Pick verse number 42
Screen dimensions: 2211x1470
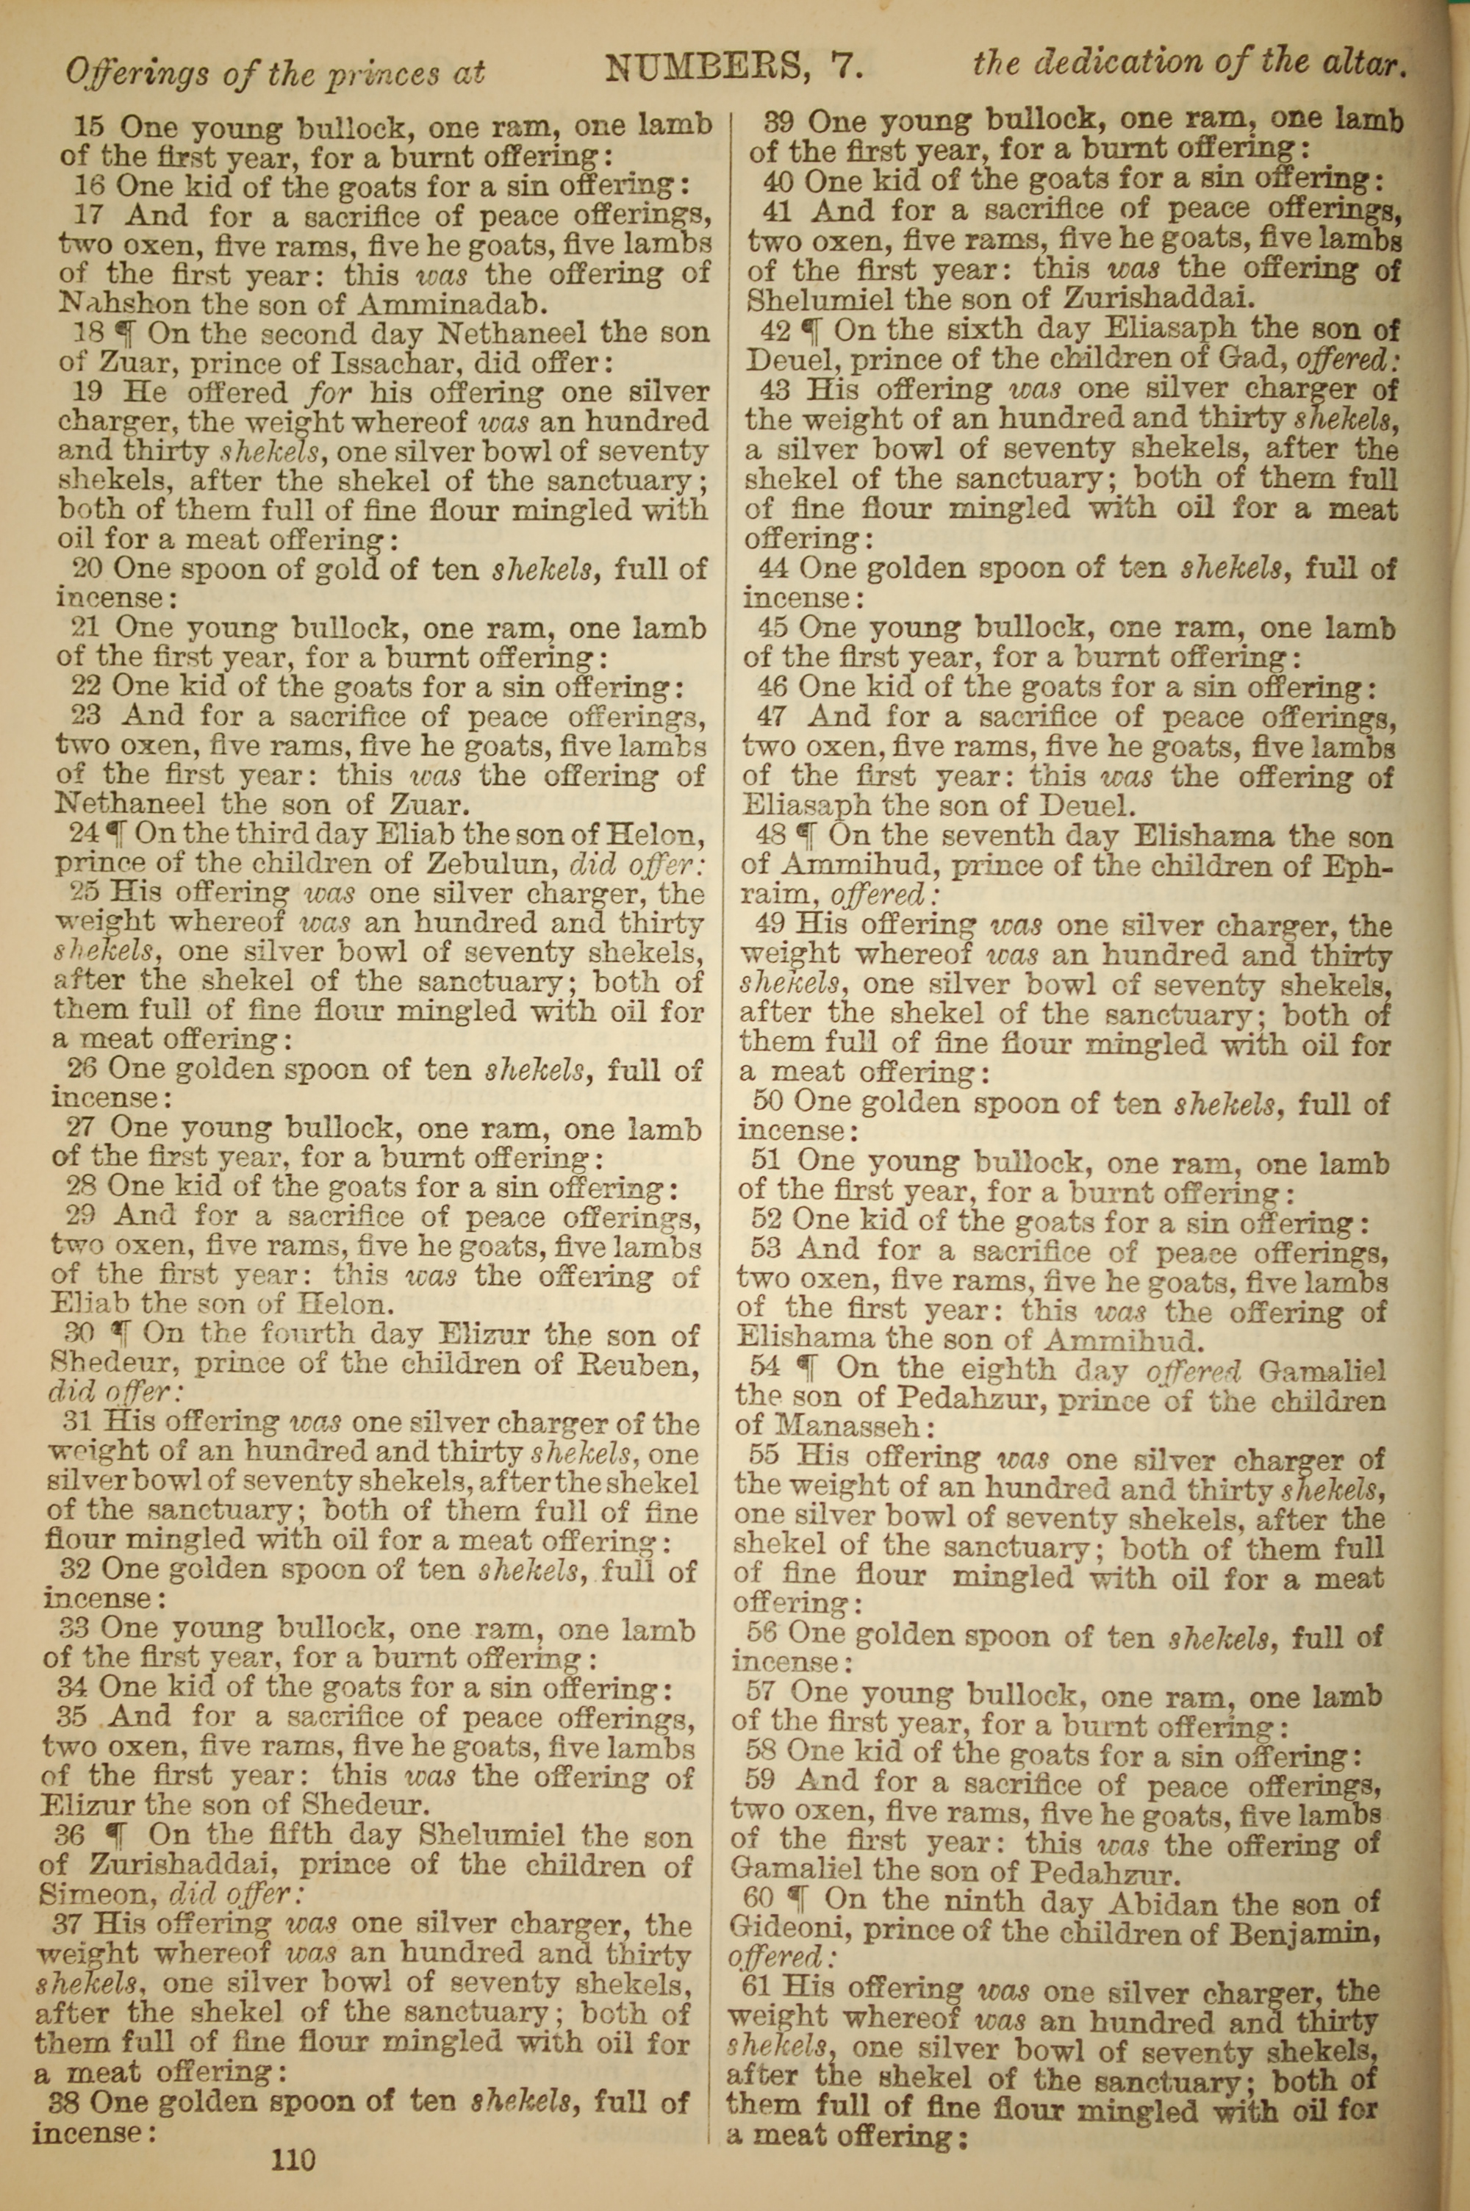point(775,329)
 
